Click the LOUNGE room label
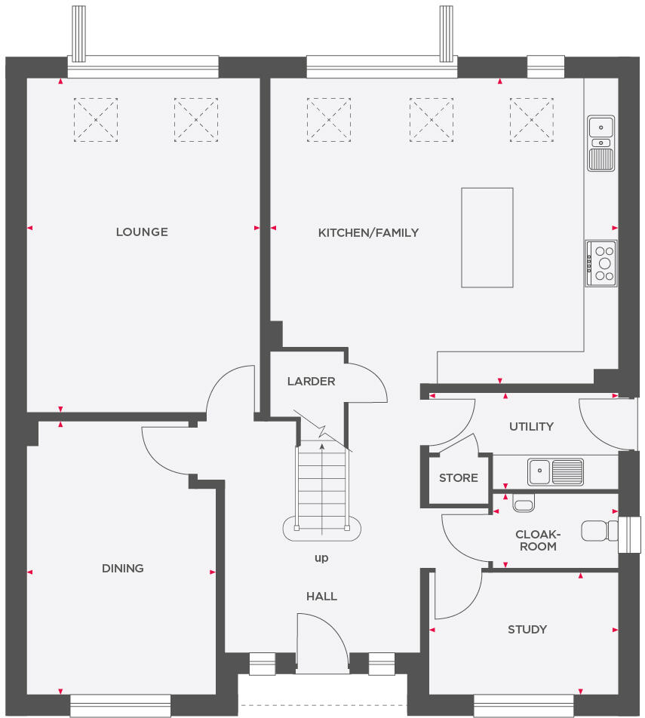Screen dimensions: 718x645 tap(142, 232)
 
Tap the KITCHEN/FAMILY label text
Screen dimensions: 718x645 tap(368, 232)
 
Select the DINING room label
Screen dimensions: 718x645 tap(123, 569)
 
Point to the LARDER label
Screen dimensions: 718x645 tap(311, 382)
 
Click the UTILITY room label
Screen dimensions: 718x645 tap(531, 427)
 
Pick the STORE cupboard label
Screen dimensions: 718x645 tap(459, 478)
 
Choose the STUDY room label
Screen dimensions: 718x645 tap(527, 630)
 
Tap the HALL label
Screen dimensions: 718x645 tap(321, 597)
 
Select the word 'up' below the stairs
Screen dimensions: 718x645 tap(321, 559)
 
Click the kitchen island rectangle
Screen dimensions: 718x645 tap(487, 238)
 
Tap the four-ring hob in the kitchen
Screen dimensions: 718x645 tap(601, 263)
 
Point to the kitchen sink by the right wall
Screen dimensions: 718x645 tap(601, 143)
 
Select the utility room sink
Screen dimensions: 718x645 tap(556, 471)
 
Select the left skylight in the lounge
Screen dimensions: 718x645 tap(96, 119)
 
